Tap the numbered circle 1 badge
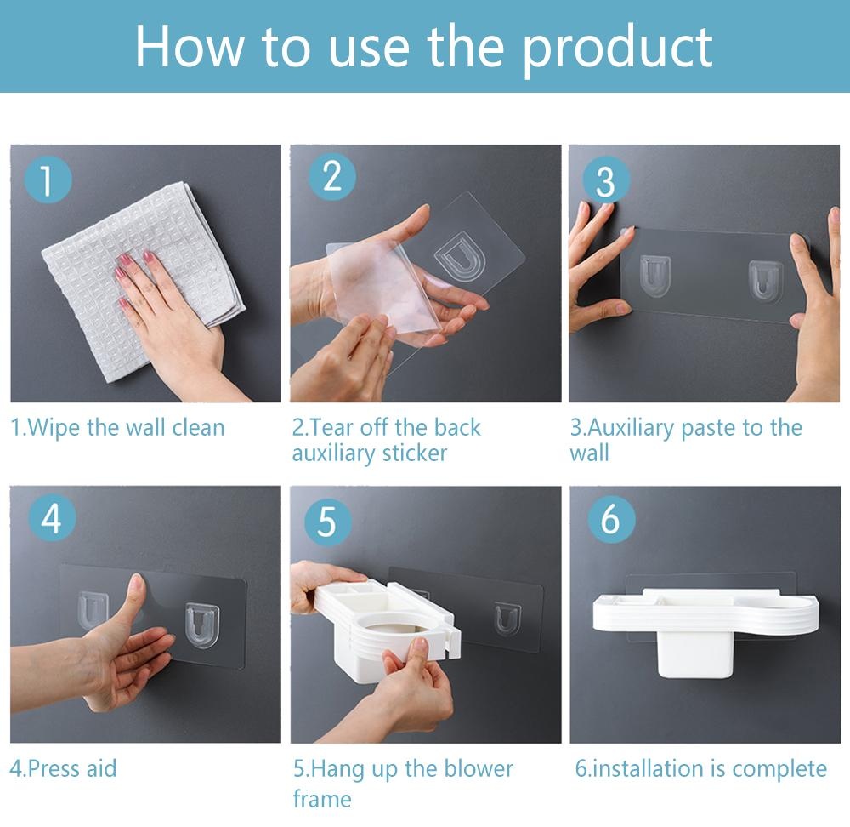pos(48,180)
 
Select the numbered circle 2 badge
pos(331,177)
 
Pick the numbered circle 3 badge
pos(606,180)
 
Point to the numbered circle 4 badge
pos(52,517)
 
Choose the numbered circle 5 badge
pos(327,521)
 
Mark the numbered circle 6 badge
pos(611,519)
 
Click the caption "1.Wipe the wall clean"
pos(117,428)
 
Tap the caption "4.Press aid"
pos(64,769)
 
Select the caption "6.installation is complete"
pos(701,769)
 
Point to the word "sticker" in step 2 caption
pos(415,453)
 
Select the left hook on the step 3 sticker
pos(654,276)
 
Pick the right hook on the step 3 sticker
pos(766,281)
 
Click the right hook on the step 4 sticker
pos(201,625)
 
